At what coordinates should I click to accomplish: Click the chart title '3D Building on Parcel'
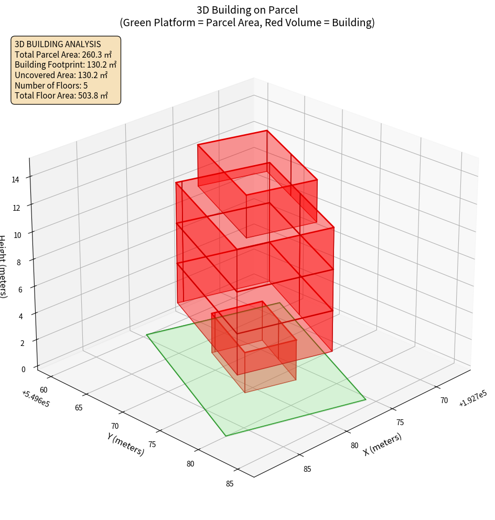247,9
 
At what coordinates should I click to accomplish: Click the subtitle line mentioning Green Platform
247,23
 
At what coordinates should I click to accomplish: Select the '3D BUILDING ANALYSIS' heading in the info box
58,44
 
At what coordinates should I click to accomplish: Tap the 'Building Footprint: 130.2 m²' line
66,65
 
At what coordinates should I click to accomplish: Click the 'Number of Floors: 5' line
51,85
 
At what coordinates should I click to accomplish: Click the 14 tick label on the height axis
16,179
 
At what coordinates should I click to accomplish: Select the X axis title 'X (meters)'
383,444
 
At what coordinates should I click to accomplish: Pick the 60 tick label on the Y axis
44,389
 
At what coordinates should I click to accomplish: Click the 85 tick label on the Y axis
230,483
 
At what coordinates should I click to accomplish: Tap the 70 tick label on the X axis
444,400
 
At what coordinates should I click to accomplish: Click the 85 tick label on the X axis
307,469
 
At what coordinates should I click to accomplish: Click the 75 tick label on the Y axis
152,445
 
